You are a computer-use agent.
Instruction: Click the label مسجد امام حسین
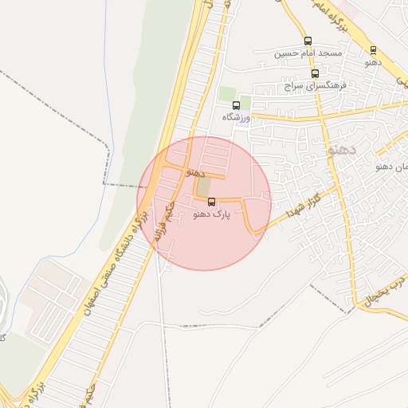coord(308,53)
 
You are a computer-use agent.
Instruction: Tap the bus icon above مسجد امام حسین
coord(308,41)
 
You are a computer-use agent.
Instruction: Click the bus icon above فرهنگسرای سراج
coord(315,73)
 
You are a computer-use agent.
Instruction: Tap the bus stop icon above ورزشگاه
coord(236,105)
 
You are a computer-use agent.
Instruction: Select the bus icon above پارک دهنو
coord(211,202)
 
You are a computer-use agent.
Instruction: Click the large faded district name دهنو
coord(344,149)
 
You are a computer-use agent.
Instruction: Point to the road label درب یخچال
coord(386,293)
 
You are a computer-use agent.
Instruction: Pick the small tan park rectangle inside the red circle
coord(204,186)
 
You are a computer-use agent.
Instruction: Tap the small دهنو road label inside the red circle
coord(195,172)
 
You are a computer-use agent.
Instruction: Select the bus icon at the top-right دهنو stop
coord(373,50)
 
